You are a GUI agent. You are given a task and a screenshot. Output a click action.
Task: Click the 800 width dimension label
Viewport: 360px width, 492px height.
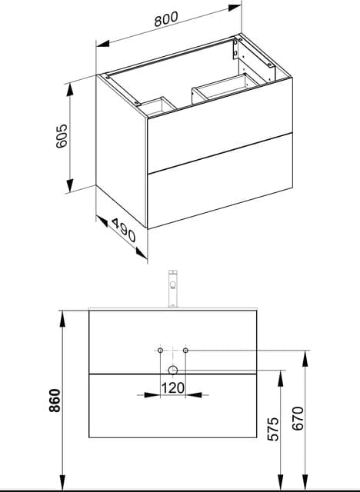[166, 18]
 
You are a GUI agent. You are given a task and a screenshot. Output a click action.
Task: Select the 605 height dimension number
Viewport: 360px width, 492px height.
[62, 136]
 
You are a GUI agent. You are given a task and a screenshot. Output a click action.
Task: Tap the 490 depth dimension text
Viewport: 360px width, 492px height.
[123, 231]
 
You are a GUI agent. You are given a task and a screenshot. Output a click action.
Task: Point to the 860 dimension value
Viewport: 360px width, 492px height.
[55, 401]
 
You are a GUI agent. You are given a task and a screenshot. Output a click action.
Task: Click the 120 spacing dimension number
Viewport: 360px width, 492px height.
[173, 387]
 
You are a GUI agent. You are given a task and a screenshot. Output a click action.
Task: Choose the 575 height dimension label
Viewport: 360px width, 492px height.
[273, 429]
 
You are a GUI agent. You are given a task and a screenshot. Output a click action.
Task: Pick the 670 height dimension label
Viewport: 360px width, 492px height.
[298, 418]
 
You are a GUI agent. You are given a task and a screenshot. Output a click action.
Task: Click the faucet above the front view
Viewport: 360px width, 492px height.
[173, 289]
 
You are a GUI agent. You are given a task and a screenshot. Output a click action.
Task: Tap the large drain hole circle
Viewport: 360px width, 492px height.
[173, 371]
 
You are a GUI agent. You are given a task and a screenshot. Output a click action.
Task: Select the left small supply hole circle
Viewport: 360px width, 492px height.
[160, 351]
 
